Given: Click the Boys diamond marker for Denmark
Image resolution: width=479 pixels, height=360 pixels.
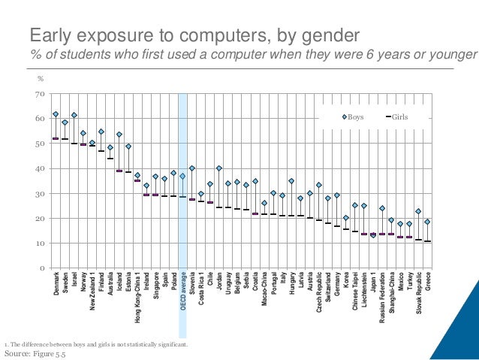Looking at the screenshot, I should click(56, 114).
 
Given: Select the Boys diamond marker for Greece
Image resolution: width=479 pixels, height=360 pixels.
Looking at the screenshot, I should click(427, 222).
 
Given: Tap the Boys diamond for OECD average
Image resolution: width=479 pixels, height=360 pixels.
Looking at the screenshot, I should click(182, 176).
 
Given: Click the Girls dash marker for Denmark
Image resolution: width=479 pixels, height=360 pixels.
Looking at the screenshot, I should click(56, 138).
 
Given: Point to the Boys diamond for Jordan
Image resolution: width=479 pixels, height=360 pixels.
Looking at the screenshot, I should click(219, 168).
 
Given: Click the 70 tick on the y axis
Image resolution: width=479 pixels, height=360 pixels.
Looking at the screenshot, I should click(41, 94).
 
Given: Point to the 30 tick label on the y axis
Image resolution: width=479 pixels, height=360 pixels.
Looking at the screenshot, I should click(41, 194).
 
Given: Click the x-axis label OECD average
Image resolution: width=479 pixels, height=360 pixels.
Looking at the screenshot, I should click(183, 301).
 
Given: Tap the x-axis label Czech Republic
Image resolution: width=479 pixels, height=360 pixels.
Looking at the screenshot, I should click(319, 297).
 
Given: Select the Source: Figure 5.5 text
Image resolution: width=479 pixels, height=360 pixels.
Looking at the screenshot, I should click(35, 353).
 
